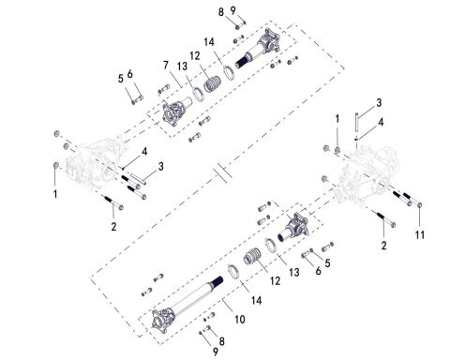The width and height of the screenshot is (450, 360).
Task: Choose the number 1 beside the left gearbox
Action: pyautogui.click(x=54, y=194)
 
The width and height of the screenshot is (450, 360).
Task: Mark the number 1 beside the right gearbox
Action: pyautogui.click(x=338, y=119)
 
